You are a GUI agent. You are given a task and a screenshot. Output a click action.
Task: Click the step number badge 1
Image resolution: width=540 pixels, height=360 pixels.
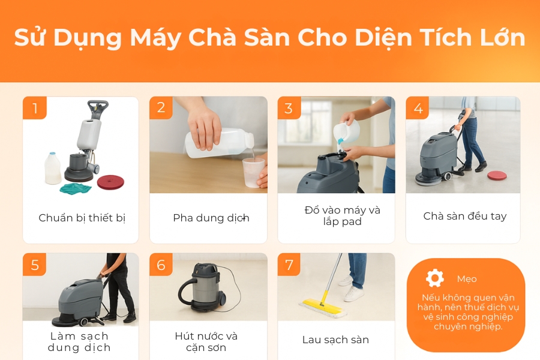pos(35,109)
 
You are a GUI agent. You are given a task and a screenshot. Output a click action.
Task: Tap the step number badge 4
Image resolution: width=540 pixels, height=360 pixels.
pos(418,109)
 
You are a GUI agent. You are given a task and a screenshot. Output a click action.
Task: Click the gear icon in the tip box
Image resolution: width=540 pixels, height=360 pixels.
pos(434,278)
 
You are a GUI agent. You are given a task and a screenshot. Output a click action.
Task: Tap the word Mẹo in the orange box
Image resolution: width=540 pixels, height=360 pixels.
pos(466,279)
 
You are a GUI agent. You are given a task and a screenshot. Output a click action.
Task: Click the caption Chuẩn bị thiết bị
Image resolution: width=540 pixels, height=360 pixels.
pos(82,218)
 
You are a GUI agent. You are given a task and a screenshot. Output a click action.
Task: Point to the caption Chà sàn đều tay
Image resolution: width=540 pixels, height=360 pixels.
pos(464,216)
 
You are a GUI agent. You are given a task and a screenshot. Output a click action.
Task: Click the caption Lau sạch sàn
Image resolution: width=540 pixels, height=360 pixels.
pos(335,340)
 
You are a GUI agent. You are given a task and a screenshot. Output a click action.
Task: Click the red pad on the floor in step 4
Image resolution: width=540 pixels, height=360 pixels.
pos(497,176)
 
